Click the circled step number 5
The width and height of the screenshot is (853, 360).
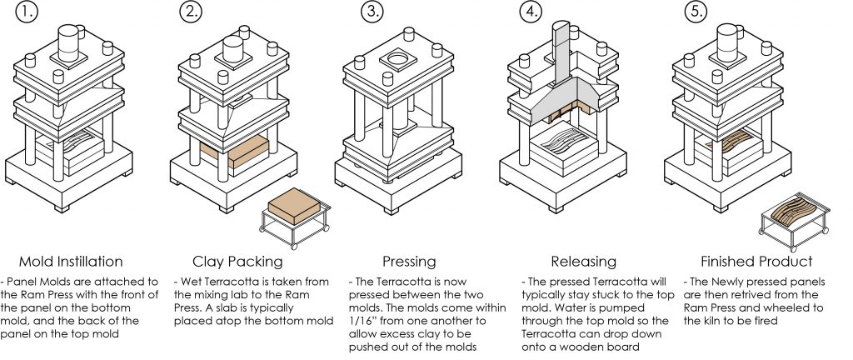tap(696, 12)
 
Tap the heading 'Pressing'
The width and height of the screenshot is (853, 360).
tap(410, 261)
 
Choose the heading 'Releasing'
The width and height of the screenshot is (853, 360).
tap(583, 261)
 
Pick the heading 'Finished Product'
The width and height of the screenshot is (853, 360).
tap(756, 261)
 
